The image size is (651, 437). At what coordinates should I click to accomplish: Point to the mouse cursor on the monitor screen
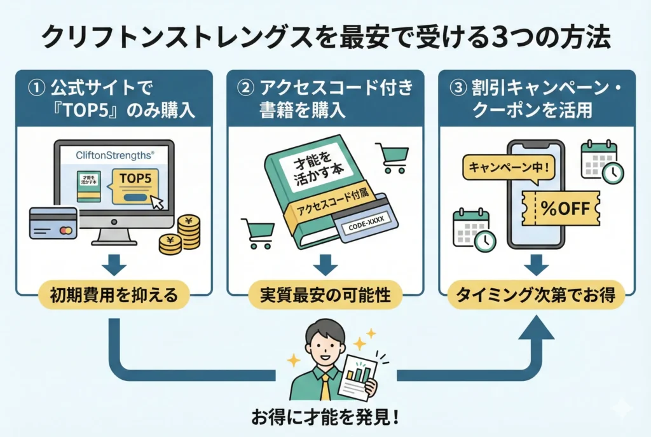point(156,203)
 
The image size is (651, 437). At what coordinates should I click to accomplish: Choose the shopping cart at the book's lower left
point(257,233)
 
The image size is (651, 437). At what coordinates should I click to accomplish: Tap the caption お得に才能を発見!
point(325,419)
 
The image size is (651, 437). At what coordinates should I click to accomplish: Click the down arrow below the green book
point(325,263)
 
